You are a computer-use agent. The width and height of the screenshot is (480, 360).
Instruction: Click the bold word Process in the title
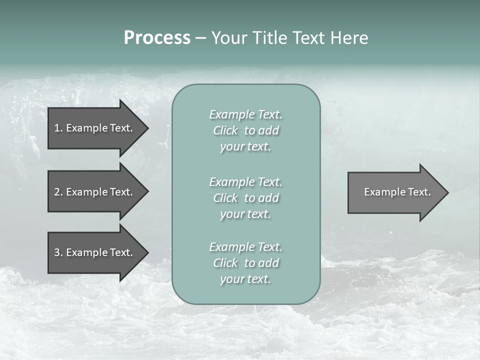[157, 38]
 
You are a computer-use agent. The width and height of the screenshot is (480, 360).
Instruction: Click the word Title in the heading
[270, 38]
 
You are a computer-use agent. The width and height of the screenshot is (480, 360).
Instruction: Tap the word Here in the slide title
[350, 38]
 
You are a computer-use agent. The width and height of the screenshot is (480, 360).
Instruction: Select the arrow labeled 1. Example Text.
[95, 128]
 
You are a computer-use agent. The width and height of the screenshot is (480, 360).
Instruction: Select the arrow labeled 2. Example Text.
[95, 192]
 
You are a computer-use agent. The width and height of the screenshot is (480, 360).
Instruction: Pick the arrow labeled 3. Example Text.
[95, 252]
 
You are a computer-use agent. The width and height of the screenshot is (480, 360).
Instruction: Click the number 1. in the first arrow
[58, 128]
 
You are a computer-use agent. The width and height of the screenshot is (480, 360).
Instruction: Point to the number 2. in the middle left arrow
[58, 192]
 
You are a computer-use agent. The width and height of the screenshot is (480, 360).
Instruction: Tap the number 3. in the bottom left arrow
[58, 252]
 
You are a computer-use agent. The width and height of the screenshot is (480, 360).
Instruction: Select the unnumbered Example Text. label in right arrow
[397, 192]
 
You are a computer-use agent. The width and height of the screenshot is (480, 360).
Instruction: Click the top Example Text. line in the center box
[245, 114]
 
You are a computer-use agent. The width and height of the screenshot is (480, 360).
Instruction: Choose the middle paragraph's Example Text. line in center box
[245, 182]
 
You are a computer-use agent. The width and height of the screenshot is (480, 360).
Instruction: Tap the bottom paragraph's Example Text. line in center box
[245, 247]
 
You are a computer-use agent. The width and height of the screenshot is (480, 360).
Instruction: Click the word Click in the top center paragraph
[225, 130]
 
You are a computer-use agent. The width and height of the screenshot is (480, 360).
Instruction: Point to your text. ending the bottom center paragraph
[245, 279]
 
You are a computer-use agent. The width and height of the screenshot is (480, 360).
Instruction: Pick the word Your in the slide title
[230, 38]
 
